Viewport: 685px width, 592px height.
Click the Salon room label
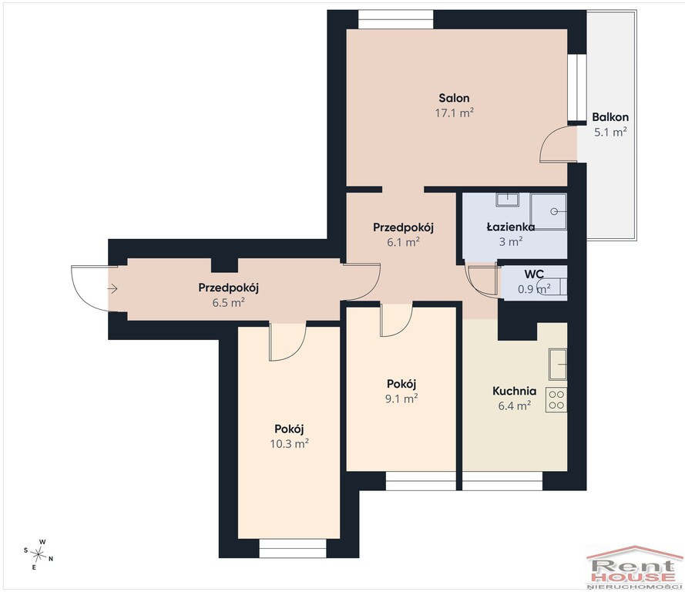coord(455,98)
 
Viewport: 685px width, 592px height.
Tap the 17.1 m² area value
coord(455,113)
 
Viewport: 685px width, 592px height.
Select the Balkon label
coord(610,117)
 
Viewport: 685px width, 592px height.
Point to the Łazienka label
coord(511,227)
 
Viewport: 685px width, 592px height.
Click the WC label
coord(534,274)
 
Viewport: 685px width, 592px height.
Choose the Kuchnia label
coord(514,391)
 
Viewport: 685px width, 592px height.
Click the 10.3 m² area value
coord(290,444)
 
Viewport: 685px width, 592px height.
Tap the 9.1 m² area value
coord(401,399)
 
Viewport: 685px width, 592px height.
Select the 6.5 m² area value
coord(229,302)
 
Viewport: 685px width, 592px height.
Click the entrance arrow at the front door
coord(112,288)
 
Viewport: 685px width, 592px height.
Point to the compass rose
coord(39,554)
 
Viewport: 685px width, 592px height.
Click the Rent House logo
coord(634,567)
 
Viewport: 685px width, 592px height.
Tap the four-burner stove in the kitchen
coord(556,400)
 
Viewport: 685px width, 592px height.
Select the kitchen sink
coord(558,365)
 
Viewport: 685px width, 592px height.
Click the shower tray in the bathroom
coord(549,211)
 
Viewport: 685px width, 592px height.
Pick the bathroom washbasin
coord(507,200)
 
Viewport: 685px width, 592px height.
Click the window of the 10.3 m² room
coord(293,548)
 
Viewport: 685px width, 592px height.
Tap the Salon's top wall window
coord(396,20)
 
